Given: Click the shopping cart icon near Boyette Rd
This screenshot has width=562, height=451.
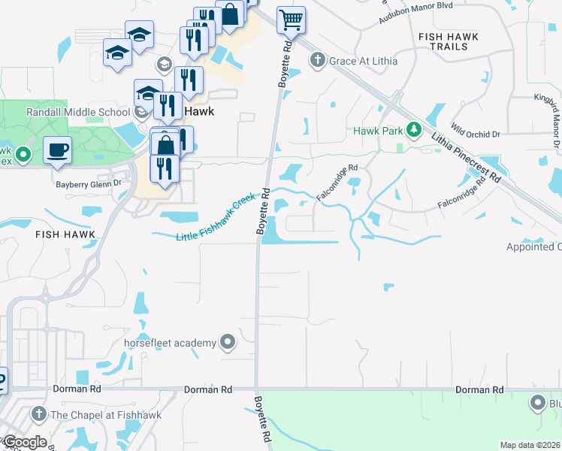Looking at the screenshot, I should [291, 20].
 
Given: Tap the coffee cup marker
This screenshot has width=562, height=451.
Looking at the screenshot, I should [57, 150].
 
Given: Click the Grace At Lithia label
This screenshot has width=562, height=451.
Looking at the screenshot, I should [363, 60].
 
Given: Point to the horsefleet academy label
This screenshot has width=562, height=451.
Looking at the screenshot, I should [171, 344].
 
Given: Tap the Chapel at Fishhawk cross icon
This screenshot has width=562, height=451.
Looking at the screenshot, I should [38, 414].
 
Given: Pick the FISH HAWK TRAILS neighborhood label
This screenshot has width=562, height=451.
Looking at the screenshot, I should [443, 41].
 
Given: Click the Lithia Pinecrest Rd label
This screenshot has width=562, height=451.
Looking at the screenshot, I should [467, 156].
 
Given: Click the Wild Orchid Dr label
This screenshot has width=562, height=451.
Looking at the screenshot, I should [476, 128].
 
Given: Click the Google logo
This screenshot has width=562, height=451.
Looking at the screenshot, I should [24, 442].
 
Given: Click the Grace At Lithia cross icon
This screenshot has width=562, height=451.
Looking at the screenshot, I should [317, 60].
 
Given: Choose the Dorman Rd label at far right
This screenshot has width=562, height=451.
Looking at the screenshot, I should [479, 390].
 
